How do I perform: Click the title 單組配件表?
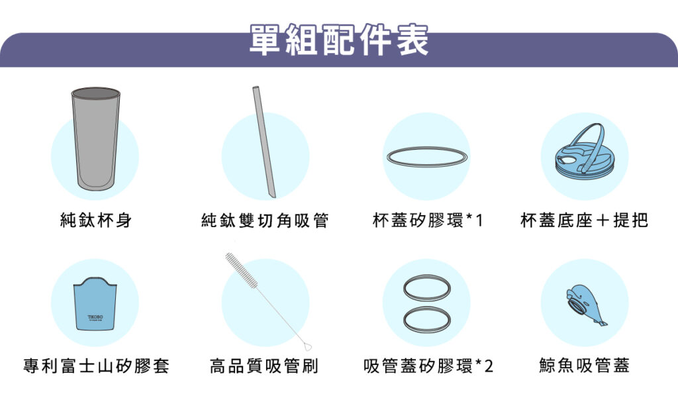[339, 40]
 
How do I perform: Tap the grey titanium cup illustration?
[95, 138]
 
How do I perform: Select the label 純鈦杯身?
[96, 221]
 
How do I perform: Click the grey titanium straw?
[264, 142]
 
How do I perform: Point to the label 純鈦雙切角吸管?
[265, 221]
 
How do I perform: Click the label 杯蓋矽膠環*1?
[427, 221]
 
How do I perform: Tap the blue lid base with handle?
[584, 150]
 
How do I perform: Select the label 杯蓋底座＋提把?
[584, 221]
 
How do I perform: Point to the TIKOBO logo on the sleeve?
[95, 318]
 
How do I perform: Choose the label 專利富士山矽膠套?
[96, 366]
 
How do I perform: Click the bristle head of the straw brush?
[241, 270]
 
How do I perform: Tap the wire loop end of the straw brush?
[307, 346]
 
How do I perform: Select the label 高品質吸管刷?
[264, 366]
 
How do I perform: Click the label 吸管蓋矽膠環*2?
[428, 366]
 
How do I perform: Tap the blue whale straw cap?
[584, 305]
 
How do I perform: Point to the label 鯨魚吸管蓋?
[584, 366]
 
